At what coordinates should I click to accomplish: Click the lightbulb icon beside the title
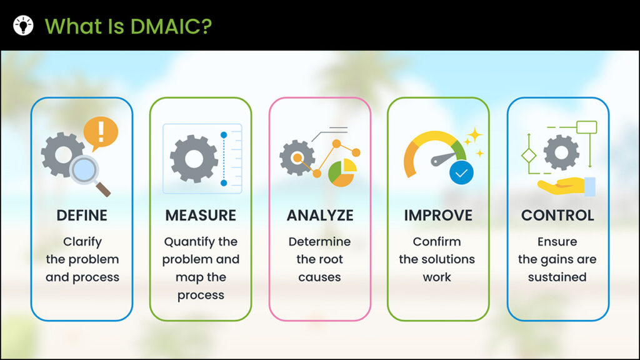tap(23, 25)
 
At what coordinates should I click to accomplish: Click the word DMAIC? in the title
tap(171, 26)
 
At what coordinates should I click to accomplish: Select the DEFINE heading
tap(82, 215)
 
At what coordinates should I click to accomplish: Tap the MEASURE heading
tap(201, 215)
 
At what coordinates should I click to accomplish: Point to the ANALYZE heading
tap(320, 215)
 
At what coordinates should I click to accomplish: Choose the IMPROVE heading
tap(438, 215)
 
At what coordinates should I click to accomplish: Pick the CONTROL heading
tap(557, 215)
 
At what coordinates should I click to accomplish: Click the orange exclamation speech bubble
tap(101, 132)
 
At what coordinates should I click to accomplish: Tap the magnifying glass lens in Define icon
tap(84, 169)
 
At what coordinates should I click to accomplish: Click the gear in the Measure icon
tap(194, 159)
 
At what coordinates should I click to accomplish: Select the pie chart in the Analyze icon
tap(342, 173)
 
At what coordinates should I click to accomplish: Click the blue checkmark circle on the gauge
tap(462, 172)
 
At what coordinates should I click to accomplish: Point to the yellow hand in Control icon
tap(562, 185)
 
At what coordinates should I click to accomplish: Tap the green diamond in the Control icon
tap(529, 156)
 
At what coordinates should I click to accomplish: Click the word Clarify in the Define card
tap(82, 242)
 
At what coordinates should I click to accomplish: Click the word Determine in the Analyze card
tap(319, 242)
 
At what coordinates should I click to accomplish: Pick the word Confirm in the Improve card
tap(437, 242)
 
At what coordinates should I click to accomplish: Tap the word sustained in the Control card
tap(557, 277)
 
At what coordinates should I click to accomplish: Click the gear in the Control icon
tap(561, 152)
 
